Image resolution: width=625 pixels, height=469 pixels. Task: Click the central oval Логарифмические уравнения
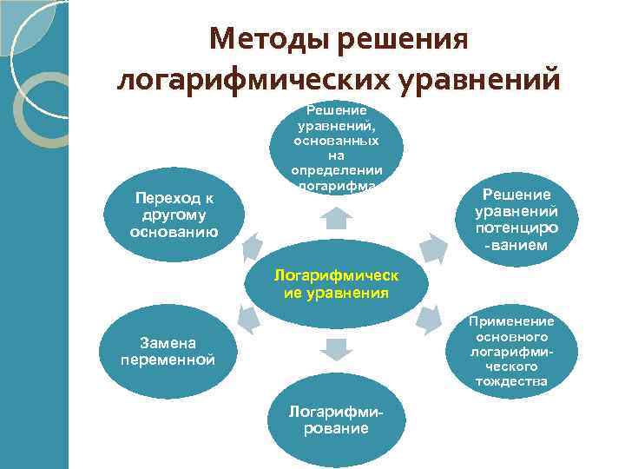[337, 283]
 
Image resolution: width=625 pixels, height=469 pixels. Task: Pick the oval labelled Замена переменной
[168, 352]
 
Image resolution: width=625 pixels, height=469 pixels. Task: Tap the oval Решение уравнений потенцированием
[516, 221]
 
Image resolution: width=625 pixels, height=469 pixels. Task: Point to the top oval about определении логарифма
[337, 148]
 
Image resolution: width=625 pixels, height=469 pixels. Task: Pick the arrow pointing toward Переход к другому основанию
[252, 246]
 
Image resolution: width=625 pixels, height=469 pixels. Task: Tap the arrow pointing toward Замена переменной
[251, 319]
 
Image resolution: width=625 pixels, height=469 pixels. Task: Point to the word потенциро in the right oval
[516, 228]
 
